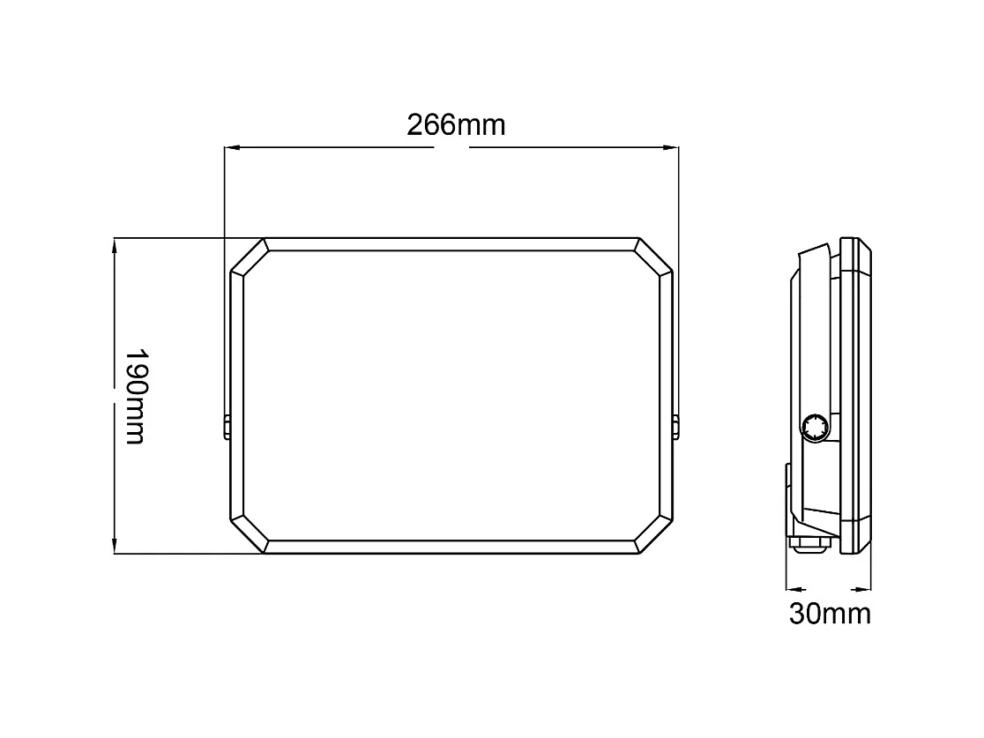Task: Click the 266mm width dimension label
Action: click(x=456, y=125)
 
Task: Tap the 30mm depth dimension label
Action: click(x=829, y=613)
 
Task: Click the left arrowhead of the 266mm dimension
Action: click(x=232, y=147)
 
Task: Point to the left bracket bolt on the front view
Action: click(x=227, y=427)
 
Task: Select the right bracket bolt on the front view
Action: click(x=676, y=427)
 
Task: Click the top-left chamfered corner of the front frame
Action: click(x=249, y=257)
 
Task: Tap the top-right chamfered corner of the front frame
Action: click(x=654, y=257)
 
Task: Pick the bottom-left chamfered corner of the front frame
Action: click(x=249, y=535)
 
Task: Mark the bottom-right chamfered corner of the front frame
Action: click(x=654, y=535)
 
